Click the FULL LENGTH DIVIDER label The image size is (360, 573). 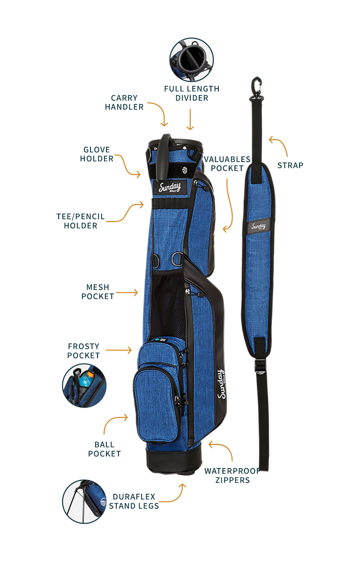(191, 93)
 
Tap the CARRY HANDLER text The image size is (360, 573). (124, 102)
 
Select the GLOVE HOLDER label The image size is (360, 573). (97, 154)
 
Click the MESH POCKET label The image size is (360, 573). (97, 291)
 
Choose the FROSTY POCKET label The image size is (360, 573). (83, 351)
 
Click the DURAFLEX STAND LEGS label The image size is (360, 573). (134, 501)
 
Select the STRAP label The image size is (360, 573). (290, 165)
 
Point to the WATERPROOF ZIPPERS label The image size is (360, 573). (232, 475)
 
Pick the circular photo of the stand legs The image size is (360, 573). (84, 501)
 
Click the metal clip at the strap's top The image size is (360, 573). (256, 86)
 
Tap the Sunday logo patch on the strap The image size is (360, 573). (258, 227)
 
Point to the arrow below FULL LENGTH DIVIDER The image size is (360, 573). (190, 119)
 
